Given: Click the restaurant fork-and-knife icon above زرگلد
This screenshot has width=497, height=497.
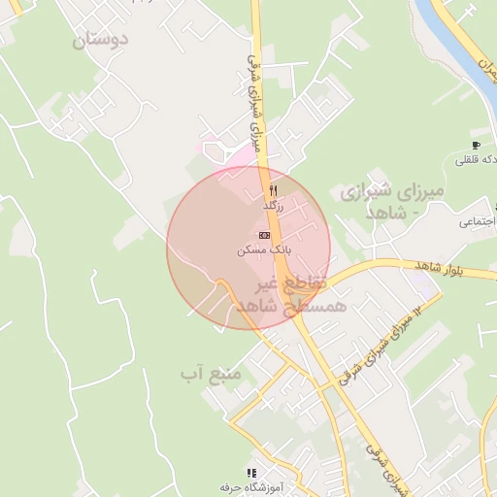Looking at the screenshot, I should [x=274, y=190].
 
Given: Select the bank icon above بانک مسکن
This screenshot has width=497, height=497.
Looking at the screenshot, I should [x=264, y=235].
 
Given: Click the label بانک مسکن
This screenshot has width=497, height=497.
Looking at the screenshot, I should [x=262, y=249].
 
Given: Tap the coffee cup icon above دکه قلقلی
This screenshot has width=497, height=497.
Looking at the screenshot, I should [x=476, y=145].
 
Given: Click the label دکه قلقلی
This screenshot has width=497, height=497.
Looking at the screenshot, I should [x=477, y=159].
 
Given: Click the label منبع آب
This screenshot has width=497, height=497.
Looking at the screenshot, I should [x=205, y=372].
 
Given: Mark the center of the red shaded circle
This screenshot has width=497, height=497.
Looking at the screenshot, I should [x=248, y=248].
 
